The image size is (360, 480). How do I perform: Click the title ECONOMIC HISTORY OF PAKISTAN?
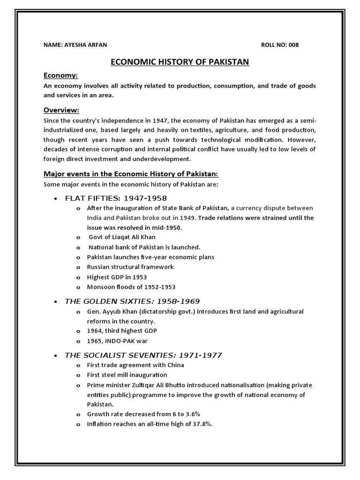pyautogui.click(x=180, y=62)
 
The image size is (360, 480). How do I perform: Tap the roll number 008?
pyautogui.click(x=292, y=45)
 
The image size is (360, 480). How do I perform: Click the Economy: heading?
pyautogui.click(x=60, y=75)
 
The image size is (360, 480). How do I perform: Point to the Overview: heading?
pyautogui.click(x=61, y=110)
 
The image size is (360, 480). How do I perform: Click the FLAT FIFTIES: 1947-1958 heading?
pyautogui.click(x=116, y=198)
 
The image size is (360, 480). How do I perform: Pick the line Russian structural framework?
pyautogui.click(x=130, y=267)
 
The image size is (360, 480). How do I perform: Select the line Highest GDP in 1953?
pyautogui.click(x=117, y=277)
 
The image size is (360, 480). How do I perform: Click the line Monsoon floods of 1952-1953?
pyautogui.click(x=131, y=287)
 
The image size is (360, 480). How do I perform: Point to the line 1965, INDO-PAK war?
pyautogui.click(x=117, y=341)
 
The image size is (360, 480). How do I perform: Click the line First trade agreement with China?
pyautogui.click(x=135, y=365)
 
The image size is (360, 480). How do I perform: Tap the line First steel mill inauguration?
pyautogui.click(x=127, y=375)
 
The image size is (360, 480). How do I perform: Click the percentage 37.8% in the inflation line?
pyautogui.click(x=203, y=424)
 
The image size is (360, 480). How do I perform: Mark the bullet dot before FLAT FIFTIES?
pyautogui.click(x=56, y=199)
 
